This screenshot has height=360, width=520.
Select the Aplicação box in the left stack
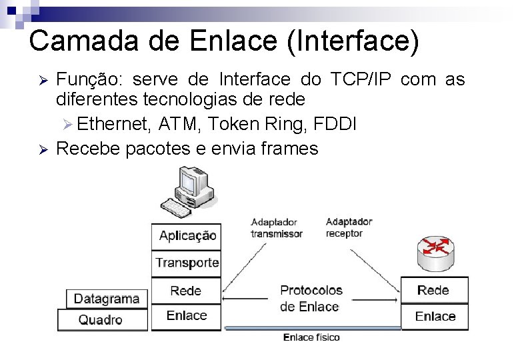(x=187, y=235)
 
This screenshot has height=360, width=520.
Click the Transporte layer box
(x=187, y=263)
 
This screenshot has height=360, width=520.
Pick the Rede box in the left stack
(x=186, y=290)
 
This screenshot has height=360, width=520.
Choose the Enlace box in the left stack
(x=186, y=316)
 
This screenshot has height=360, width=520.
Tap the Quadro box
(x=101, y=320)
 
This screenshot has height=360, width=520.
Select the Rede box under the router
(x=433, y=290)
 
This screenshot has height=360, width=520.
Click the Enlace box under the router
(x=435, y=316)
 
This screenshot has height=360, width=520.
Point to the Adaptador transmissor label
(x=276, y=227)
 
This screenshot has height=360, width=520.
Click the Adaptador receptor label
(x=349, y=227)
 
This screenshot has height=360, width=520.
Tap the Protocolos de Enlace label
(x=311, y=298)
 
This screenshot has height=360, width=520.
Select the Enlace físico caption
(x=311, y=337)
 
